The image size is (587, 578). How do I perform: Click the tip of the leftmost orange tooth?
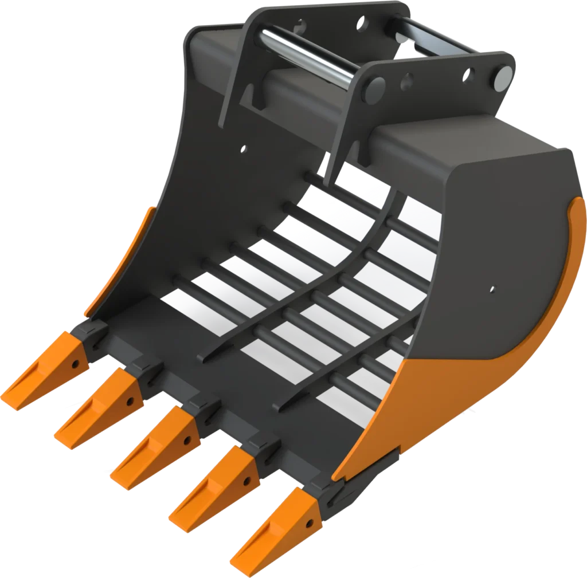click(x=7, y=398)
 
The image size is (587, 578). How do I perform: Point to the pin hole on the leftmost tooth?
click(x=75, y=363)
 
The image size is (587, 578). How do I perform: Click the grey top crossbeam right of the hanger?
click(x=459, y=143)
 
